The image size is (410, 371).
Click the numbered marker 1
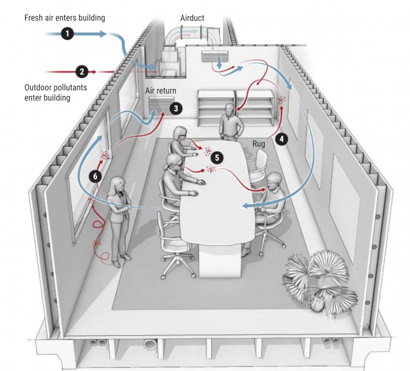tap(68, 34)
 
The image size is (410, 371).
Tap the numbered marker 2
tap(82, 72)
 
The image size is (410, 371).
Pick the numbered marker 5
tap(217, 158)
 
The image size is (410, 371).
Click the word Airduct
tap(192, 18)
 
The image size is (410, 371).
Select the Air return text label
tap(160, 91)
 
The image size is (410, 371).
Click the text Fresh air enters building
tap(64, 18)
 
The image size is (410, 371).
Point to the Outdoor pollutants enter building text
tap(56, 93)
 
